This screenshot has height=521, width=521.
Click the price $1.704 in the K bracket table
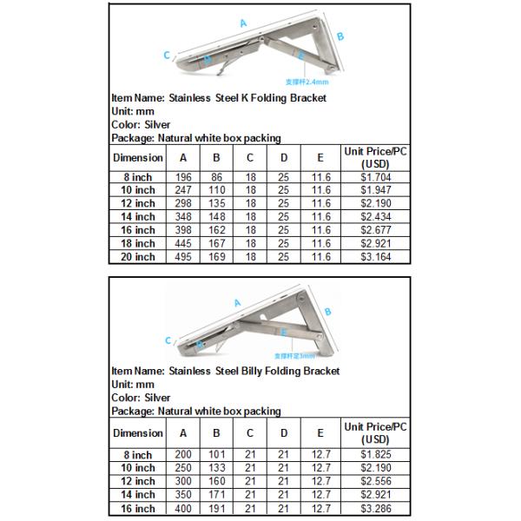(x=375, y=175)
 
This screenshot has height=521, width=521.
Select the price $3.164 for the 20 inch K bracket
(x=375, y=257)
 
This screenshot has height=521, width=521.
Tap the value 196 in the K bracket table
(x=182, y=175)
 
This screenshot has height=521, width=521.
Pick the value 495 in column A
(x=182, y=257)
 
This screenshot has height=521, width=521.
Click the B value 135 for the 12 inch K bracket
(x=216, y=202)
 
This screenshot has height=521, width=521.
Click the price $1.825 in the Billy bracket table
(x=375, y=455)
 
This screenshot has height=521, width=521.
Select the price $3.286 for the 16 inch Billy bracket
(x=375, y=509)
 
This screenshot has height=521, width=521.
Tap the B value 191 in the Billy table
(x=216, y=509)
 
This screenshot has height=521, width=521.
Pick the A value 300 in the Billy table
(x=182, y=482)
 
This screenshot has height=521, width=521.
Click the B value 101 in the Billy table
(x=216, y=455)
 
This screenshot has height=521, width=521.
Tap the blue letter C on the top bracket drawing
(x=166, y=55)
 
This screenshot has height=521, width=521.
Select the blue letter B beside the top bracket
(x=340, y=36)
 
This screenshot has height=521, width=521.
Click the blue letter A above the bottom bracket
(x=236, y=303)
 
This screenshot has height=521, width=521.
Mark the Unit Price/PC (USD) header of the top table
(x=375, y=157)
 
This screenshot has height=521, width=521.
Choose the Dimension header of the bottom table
(x=137, y=432)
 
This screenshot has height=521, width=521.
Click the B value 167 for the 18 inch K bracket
(x=216, y=243)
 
